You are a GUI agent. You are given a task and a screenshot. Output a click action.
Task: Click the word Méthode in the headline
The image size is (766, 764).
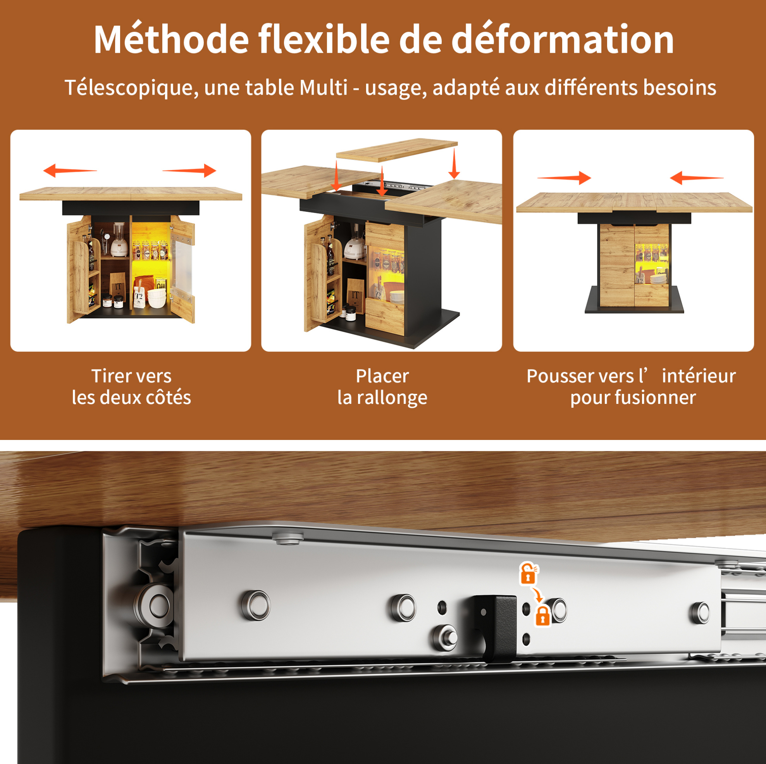click(x=171, y=39)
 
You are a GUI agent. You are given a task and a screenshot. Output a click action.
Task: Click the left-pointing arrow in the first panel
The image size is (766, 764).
click(x=70, y=171)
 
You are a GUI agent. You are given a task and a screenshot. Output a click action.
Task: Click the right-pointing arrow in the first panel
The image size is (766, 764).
click(x=189, y=171)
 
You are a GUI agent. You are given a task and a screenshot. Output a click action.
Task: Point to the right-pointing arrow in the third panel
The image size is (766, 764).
click(x=564, y=178)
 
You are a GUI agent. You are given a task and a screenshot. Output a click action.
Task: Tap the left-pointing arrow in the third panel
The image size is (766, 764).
click(x=696, y=178)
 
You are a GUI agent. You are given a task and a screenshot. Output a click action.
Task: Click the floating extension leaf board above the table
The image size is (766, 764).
click(x=396, y=150)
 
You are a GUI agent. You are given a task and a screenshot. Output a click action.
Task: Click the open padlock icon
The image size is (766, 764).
click(x=528, y=573)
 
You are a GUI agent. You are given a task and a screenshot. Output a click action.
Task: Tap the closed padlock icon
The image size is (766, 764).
click(x=543, y=616)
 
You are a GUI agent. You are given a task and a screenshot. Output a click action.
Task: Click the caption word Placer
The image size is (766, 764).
click(x=382, y=376)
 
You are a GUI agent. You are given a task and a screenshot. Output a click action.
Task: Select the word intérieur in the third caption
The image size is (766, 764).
click(x=699, y=376)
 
